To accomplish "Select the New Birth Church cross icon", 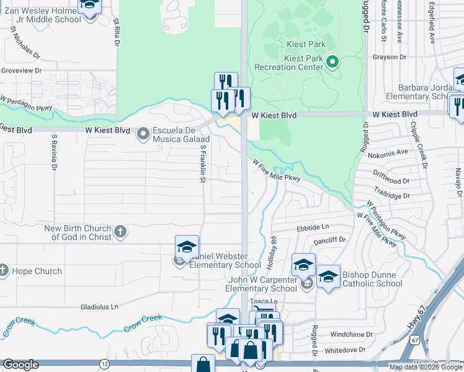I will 120,232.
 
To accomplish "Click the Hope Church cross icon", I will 4,270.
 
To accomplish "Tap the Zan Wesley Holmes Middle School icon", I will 90,6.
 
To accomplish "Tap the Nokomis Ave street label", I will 394,151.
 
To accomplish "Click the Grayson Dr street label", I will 389,56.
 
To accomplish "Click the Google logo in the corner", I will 20,365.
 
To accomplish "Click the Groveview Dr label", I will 21,70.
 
